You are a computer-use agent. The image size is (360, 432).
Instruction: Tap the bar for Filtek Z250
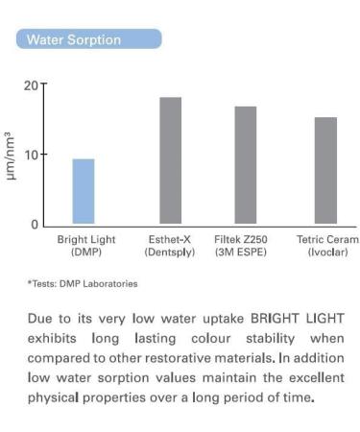coord(246,166)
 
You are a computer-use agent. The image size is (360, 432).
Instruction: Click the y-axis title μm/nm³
coord(11,156)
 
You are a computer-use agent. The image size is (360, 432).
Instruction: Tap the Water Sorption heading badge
coord(88,39)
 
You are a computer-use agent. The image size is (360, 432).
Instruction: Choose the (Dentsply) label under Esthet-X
coord(170,252)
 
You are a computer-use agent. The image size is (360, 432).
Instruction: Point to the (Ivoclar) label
coord(327,252)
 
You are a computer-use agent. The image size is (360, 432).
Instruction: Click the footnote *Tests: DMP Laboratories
coord(83,283)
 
